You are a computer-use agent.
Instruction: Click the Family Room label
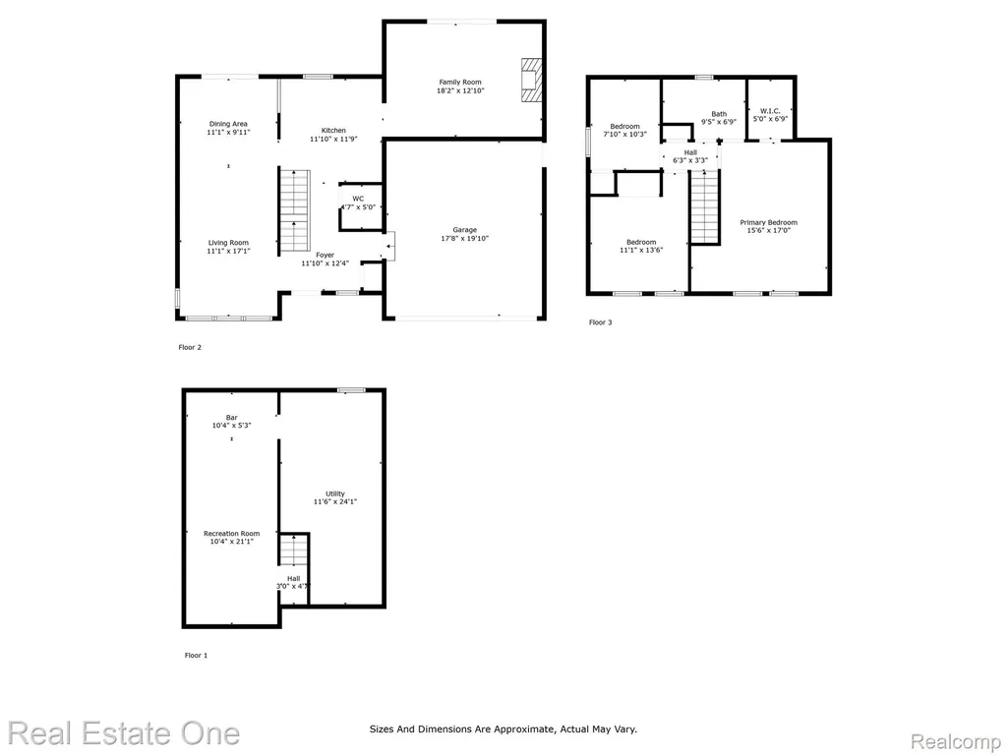click(460, 83)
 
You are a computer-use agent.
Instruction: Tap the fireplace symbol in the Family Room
click(531, 80)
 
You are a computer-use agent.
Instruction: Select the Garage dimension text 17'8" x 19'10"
click(464, 239)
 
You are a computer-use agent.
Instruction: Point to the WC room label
click(358, 199)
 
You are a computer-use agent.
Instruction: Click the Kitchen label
click(333, 131)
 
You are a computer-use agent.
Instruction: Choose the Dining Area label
click(228, 124)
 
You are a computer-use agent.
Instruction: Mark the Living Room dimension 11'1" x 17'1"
click(228, 251)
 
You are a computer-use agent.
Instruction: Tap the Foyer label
click(325, 255)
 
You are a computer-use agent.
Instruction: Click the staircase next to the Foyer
click(295, 210)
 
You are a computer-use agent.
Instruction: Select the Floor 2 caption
click(190, 347)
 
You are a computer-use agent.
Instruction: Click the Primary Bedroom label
click(769, 222)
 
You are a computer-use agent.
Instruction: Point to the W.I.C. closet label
click(770, 111)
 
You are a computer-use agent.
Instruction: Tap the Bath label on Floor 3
click(719, 114)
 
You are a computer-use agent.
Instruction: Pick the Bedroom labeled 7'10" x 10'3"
click(624, 127)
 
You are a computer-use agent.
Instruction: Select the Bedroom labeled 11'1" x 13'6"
click(641, 242)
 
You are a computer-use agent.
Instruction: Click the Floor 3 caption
click(601, 322)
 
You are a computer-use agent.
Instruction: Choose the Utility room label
click(334, 494)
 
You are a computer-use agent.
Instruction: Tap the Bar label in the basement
click(231, 417)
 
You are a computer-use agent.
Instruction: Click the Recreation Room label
click(231, 534)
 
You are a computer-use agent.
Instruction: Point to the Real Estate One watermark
click(124, 733)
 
